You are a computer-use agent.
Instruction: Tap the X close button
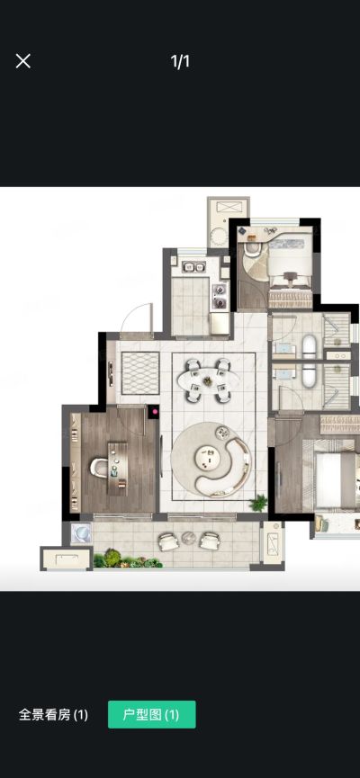click(x=22, y=61)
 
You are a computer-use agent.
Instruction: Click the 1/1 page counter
click(x=180, y=61)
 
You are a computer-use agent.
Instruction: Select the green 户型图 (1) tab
click(x=151, y=714)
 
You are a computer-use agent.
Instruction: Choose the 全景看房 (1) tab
click(x=53, y=714)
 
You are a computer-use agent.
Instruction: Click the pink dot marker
click(x=155, y=411)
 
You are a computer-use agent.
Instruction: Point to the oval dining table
click(x=208, y=380)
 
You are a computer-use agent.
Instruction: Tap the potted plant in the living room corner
click(x=258, y=503)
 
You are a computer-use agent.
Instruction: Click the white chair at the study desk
click(x=99, y=468)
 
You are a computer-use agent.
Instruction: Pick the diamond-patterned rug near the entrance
click(x=140, y=373)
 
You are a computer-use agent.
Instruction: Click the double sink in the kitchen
click(x=194, y=267)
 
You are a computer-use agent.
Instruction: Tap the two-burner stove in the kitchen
click(x=220, y=296)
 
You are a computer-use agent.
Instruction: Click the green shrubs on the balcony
click(x=128, y=559)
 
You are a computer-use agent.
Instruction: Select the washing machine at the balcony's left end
click(x=81, y=534)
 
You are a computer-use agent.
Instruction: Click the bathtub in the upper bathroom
click(x=310, y=346)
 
